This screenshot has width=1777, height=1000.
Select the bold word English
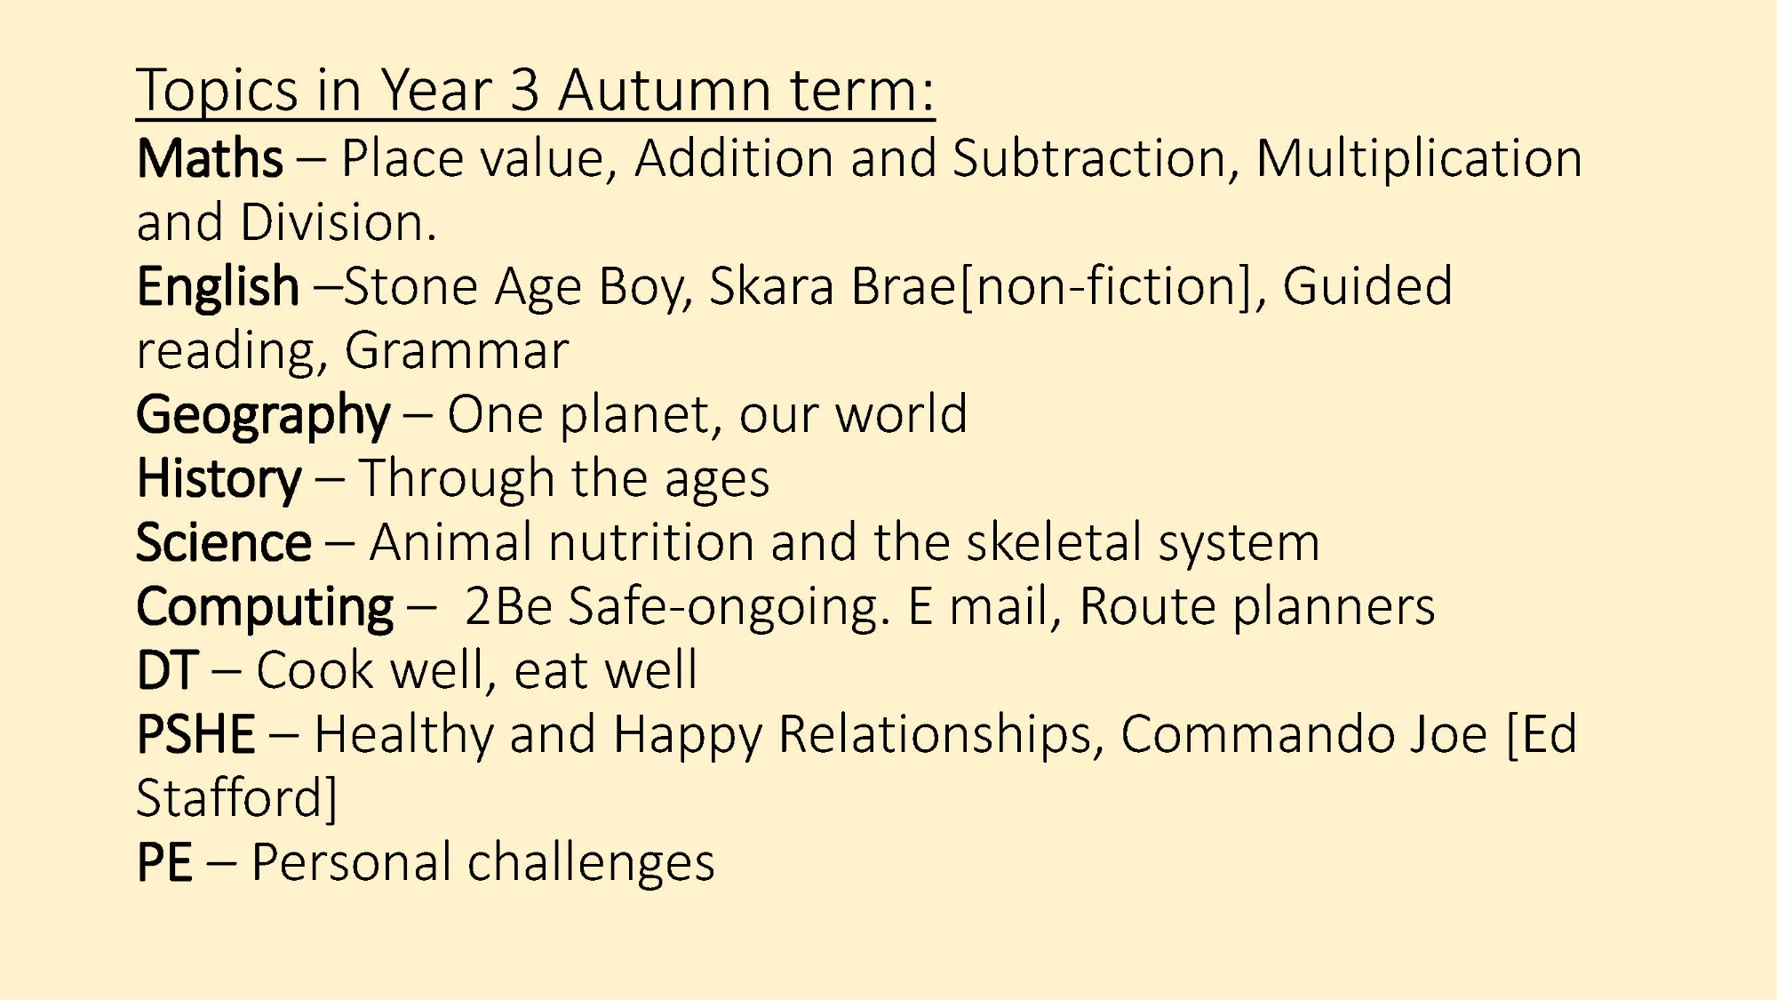(218, 288)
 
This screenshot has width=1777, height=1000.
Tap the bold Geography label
(263, 416)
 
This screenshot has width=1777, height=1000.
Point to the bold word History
(219, 480)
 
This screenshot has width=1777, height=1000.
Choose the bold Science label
(224, 542)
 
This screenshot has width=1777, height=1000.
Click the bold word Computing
(265, 608)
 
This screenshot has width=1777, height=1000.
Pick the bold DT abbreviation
(167, 670)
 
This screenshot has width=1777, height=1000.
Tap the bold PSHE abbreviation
(196, 734)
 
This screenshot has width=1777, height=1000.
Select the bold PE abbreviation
(164, 862)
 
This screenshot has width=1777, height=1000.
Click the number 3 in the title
(525, 90)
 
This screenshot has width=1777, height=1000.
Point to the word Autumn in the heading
(665, 90)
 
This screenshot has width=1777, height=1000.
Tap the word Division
(339, 222)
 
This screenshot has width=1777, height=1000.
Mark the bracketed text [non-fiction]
(1106, 288)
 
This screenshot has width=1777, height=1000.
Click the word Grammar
(457, 351)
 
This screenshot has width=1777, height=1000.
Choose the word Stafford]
(237, 798)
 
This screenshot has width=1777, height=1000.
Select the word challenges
(591, 864)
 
